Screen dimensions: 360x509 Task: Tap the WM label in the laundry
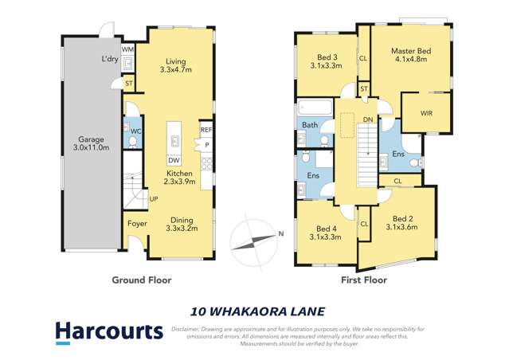[128, 49]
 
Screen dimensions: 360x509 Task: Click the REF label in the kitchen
[206, 130]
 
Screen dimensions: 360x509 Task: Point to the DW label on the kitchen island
[173, 158]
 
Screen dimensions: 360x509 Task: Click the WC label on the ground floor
[136, 131]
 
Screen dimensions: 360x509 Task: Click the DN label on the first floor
[367, 119]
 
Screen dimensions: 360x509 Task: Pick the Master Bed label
[409, 54]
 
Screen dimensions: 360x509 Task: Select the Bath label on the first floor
[309, 125]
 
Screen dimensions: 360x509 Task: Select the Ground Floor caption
[142, 280]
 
